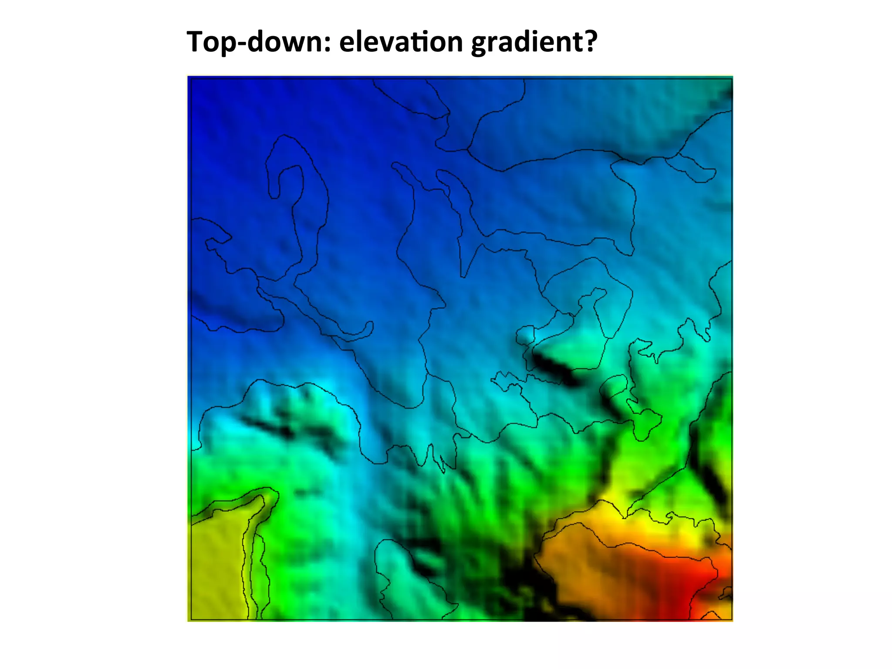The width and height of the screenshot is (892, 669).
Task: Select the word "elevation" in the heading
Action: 401,42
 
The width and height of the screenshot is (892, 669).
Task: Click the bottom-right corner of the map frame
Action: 732,620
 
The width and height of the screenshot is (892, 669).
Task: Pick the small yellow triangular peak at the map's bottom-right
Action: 710,615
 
